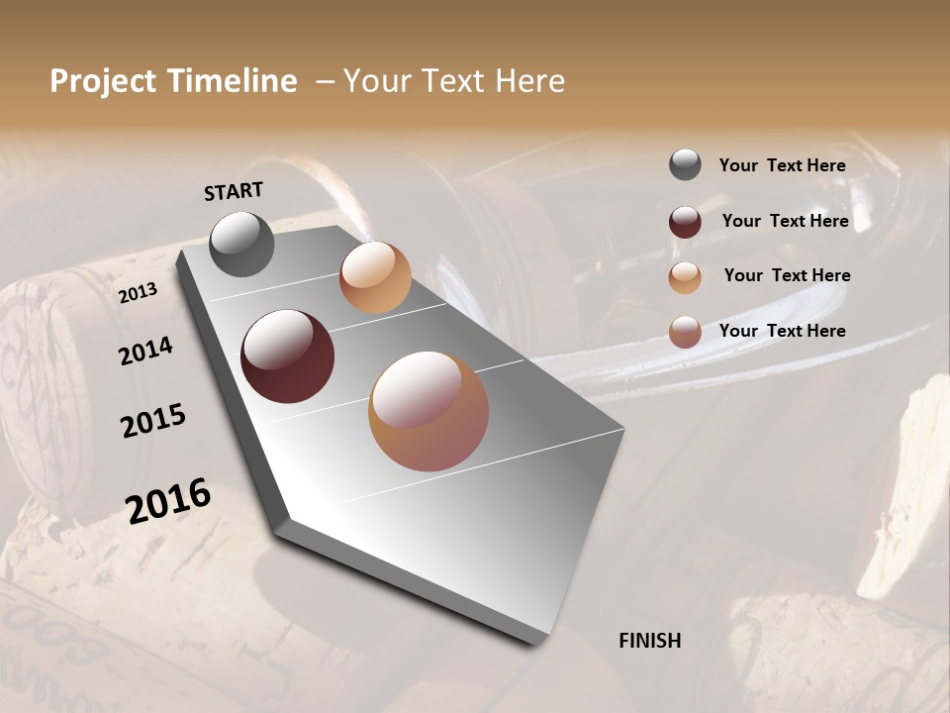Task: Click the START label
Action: pos(234,191)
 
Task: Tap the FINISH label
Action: pos(650,641)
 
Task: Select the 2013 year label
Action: pos(138,292)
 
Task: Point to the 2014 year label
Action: pos(145,352)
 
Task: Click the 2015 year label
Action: pos(153,422)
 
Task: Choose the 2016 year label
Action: pos(168,501)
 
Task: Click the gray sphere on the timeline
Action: pos(242,244)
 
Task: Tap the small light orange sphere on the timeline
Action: pos(375,277)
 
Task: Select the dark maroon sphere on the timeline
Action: pos(288,356)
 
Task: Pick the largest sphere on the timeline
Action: pos(428,411)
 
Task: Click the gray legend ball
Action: pos(685,165)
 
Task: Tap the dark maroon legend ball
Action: pos(685,221)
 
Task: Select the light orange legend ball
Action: pos(685,276)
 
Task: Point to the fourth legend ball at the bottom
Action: pos(685,332)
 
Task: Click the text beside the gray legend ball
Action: pos(783,165)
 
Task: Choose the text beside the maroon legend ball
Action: pos(785,221)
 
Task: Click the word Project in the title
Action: pos(103,81)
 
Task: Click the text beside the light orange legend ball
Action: pos(787,275)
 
